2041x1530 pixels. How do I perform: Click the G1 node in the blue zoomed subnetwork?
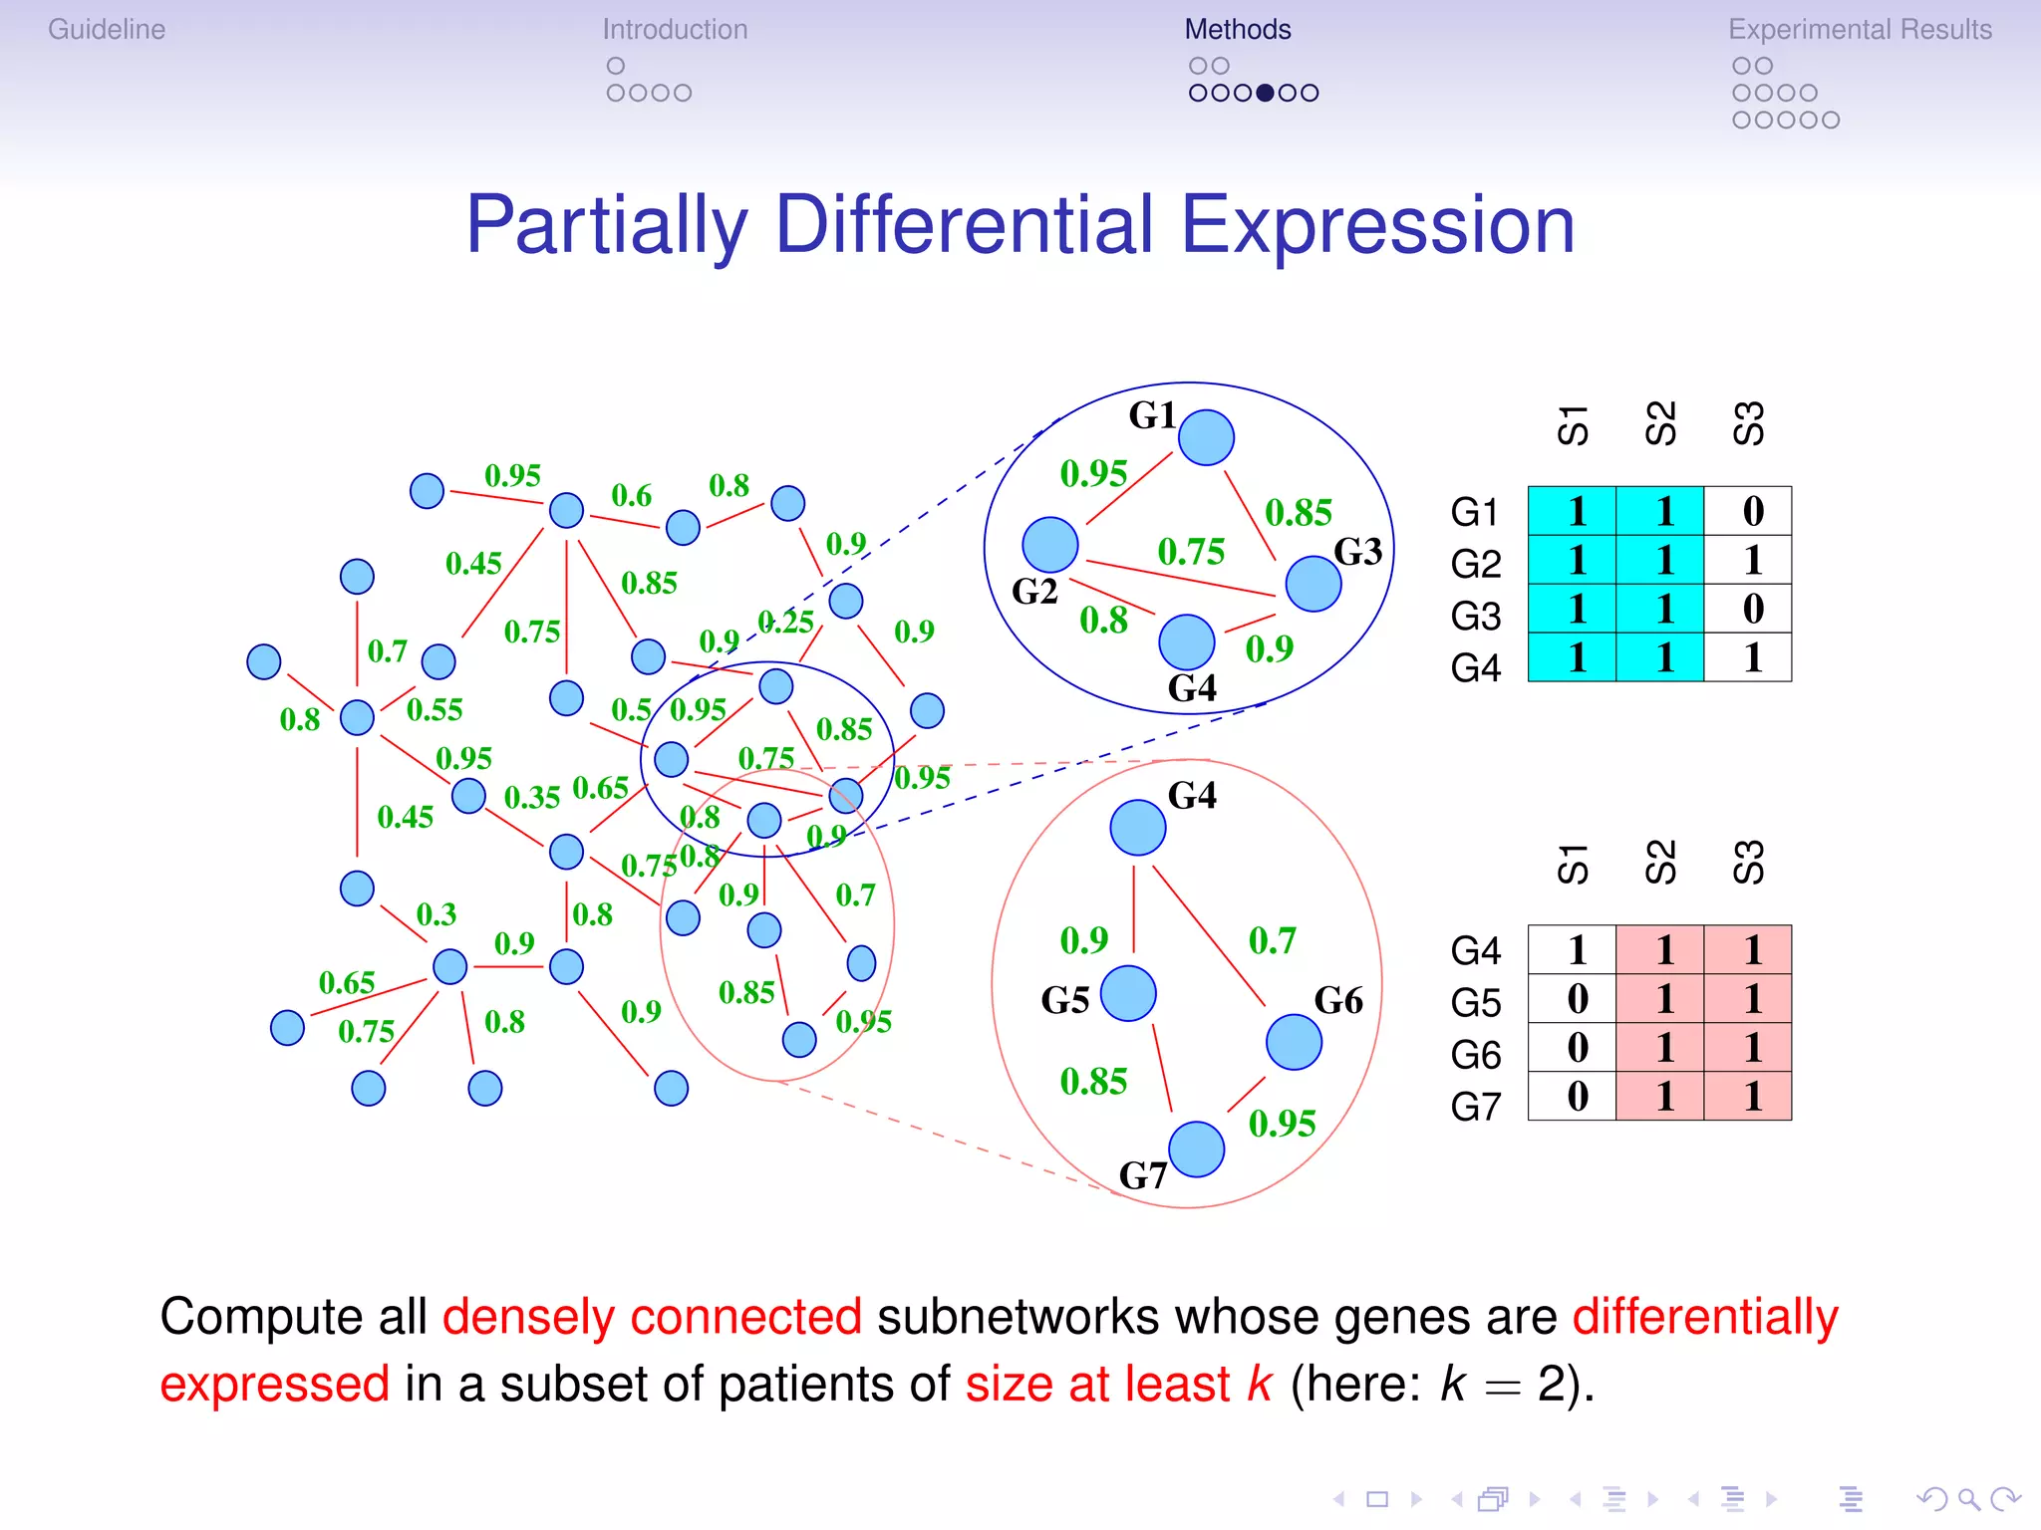[x=1206, y=437]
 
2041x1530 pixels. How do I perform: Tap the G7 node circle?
[x=1196, y=1148]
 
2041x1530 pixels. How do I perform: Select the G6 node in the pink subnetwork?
[x=1294, y=1042]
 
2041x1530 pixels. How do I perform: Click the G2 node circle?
[x=1050, y=545]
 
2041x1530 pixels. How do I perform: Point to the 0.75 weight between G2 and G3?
[x=1191, y=551]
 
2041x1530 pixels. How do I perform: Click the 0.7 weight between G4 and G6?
[x=1273, y=940]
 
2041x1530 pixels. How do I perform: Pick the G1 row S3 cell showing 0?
[x=1752, y=511]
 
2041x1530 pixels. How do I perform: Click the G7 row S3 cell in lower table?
[x=1752, y=1097]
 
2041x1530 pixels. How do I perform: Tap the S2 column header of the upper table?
[x=1661, y=423]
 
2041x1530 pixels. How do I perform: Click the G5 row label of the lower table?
[x=1476, y=1002]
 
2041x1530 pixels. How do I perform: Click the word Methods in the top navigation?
[x=1238, y=30]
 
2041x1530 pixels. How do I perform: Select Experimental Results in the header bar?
[x=1860, y=30]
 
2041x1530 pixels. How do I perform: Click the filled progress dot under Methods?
[x=1265, y=93]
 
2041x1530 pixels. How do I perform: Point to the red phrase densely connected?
[x=652, y=1317]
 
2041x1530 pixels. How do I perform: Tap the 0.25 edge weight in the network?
[x=785, y=623]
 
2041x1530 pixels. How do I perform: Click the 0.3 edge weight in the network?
[x=437, y=914]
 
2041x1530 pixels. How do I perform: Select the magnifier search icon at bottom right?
[x=1968, y=1499]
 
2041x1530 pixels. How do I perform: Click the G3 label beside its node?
[x=1357, y=551]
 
